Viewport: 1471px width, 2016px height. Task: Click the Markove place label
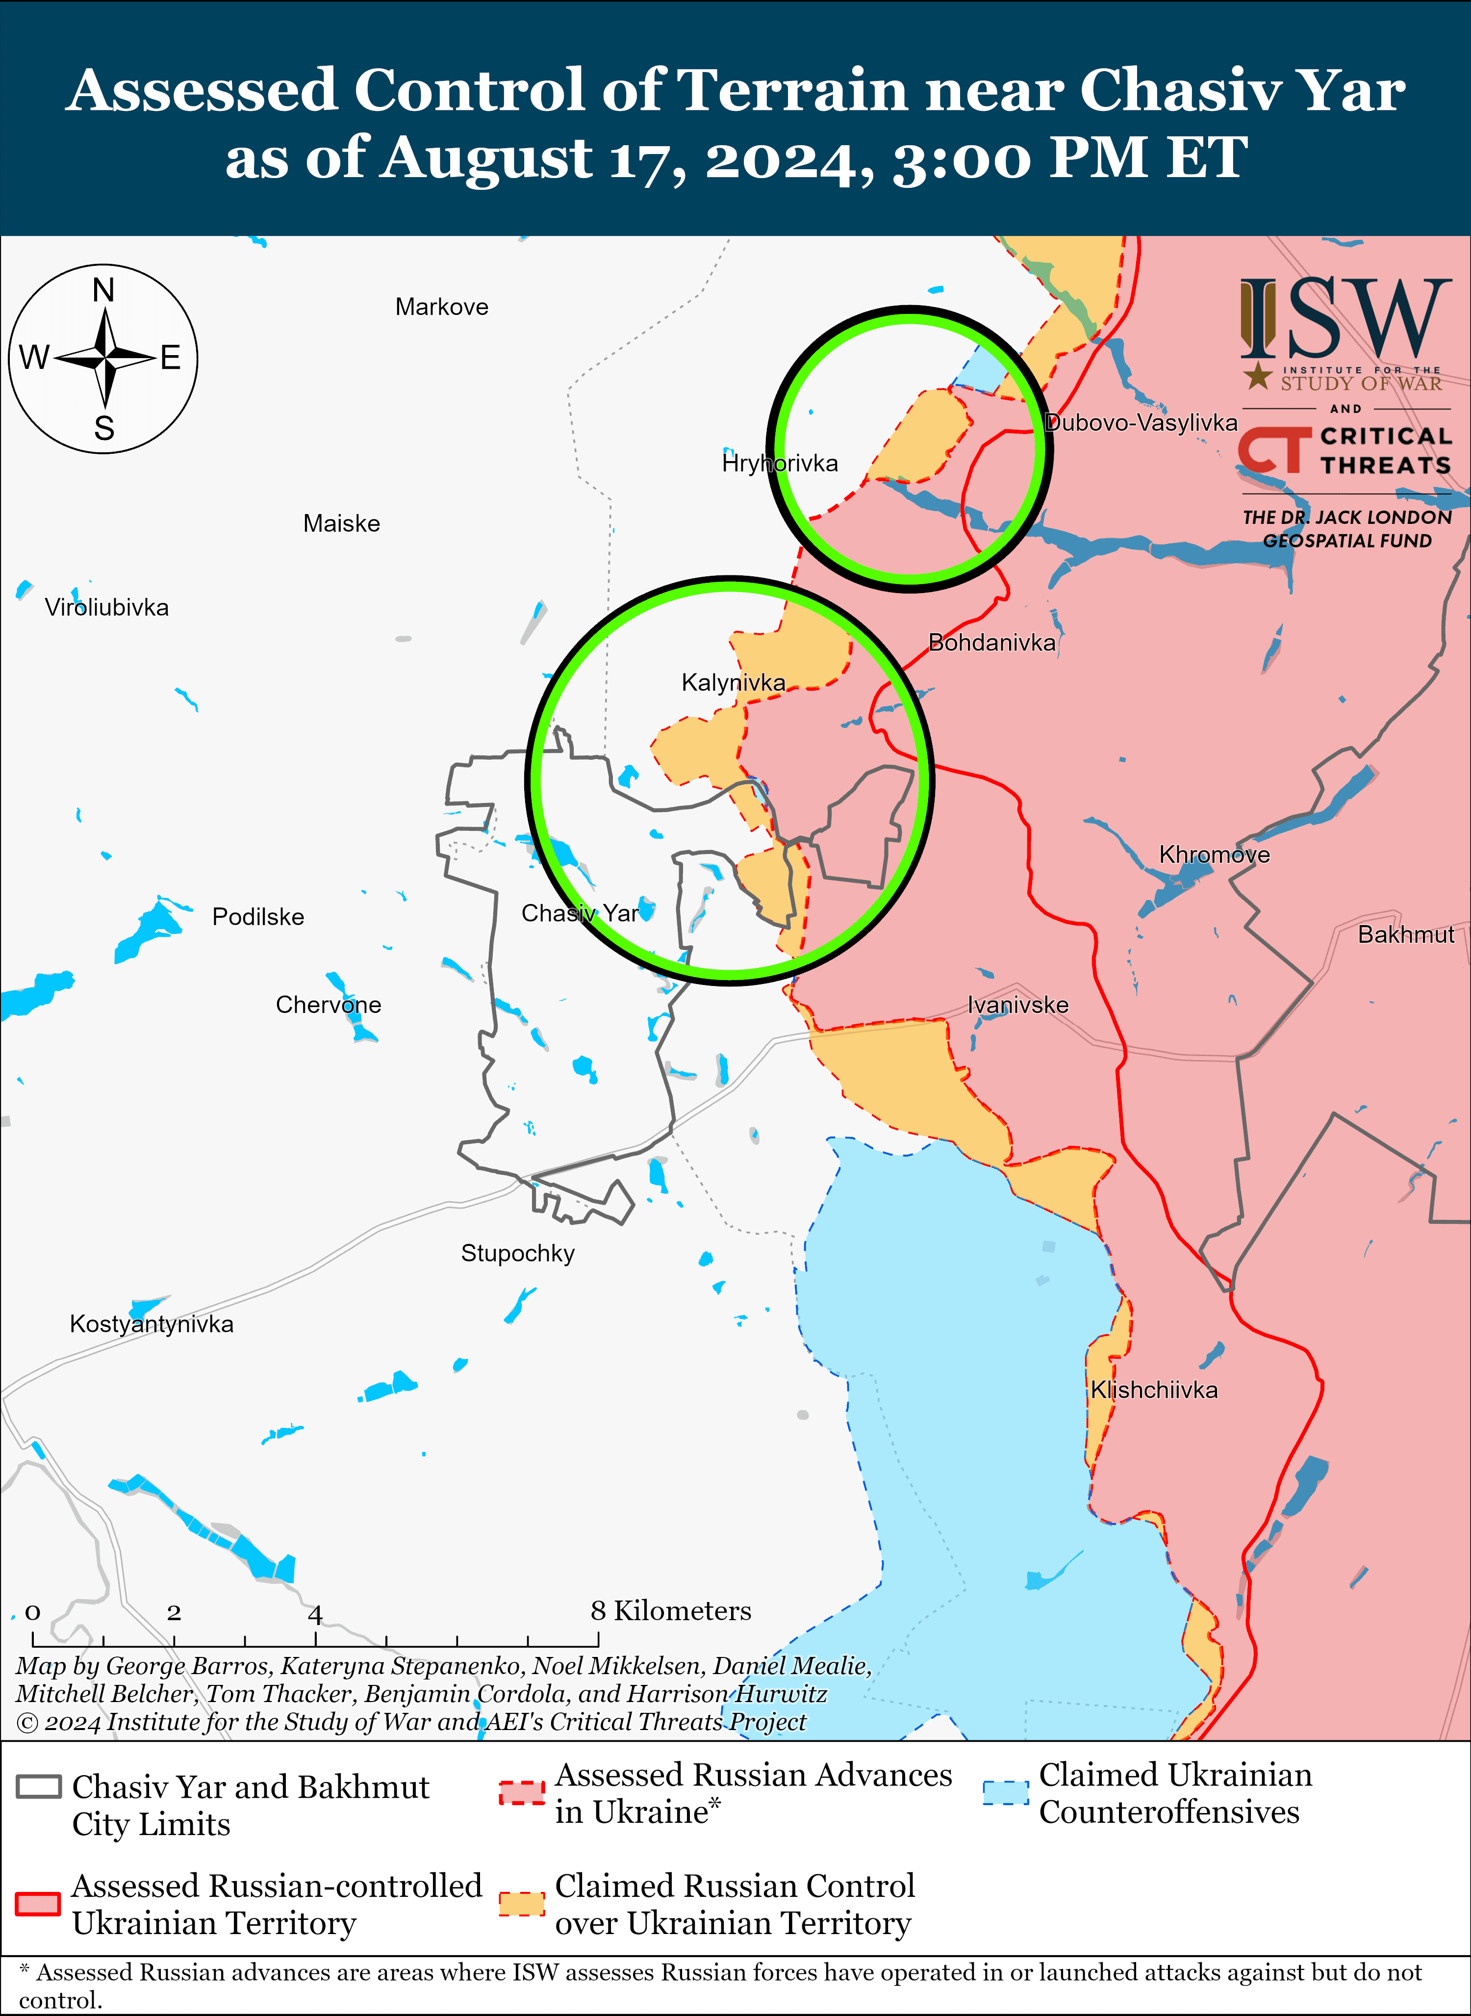[442, 308]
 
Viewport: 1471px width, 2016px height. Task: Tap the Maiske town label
[341, 524]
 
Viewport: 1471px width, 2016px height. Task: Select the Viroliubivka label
[107, 608]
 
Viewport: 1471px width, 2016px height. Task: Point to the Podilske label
[258, 917]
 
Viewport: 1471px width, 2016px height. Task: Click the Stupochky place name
[517, 1253]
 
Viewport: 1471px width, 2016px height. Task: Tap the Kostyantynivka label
[152, 1324]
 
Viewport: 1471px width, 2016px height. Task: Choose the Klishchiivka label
[1154, 1390]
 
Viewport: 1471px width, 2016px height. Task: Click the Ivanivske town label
[1018, 1005]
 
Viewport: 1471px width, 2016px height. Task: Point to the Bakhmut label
[1406, 934]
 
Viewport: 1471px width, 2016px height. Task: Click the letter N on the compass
[104, 290]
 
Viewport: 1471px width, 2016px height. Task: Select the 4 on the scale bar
[315, 1613]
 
